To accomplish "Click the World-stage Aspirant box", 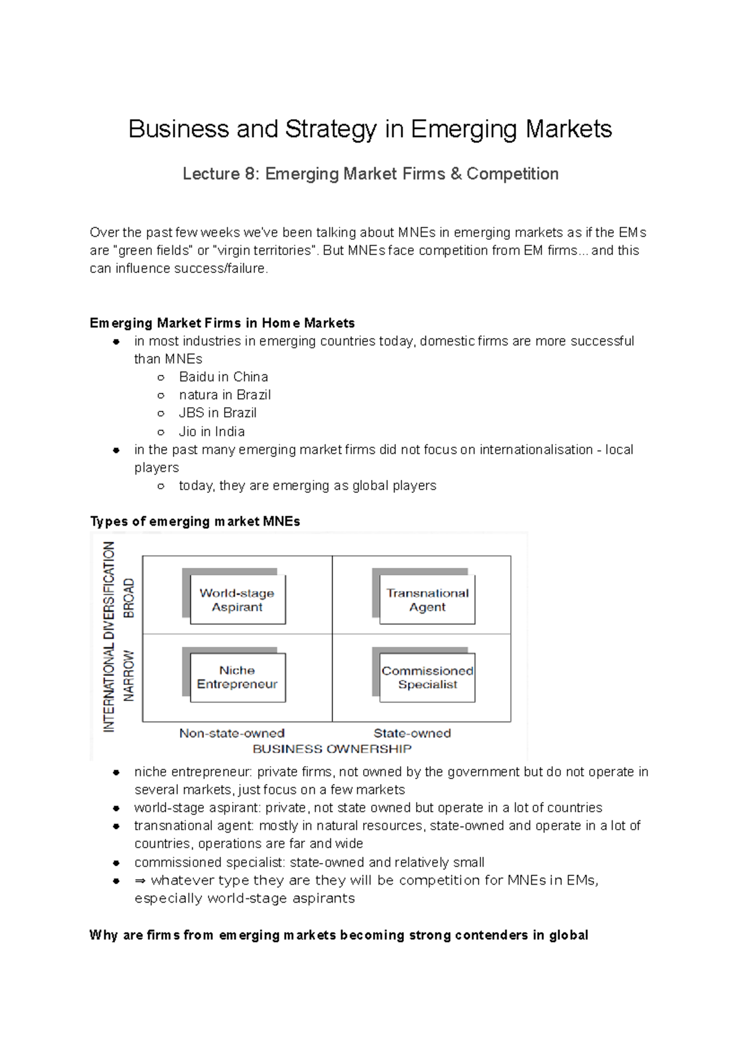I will pos(237,600).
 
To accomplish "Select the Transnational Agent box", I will pos(427,600).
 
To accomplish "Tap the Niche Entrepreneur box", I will pos(237,678).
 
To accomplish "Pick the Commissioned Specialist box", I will pos(427,678).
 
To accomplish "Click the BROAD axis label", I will pos(128,597).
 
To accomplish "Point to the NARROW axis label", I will pos(128,675).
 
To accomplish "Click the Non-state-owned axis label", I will pos(232,733).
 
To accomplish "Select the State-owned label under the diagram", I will pos(412,733).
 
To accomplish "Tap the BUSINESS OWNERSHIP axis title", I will pos(332,749).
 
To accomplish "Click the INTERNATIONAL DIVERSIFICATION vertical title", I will pos(109,636).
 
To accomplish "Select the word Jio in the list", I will pos(188,431).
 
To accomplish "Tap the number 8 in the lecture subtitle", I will pos(250,174).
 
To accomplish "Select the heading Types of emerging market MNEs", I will pos(195,521).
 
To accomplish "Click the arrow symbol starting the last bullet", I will pos(140,880).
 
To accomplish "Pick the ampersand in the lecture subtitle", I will pos(456,174).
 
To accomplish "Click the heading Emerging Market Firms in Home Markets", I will pos(222,323).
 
